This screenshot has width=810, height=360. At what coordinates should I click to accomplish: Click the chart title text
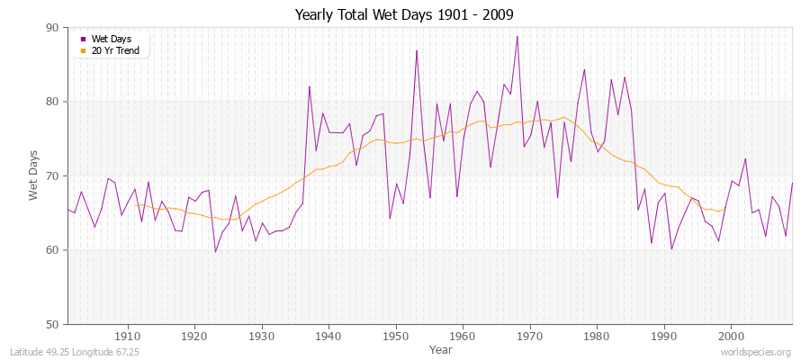pos(404,15)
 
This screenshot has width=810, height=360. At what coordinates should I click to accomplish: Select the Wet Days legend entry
pos(111,39)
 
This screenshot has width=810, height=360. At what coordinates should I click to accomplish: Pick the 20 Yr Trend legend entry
pos(115,49)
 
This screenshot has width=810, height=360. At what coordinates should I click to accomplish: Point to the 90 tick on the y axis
pos(51,28)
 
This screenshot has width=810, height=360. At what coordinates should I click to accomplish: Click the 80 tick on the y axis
pos(51,102)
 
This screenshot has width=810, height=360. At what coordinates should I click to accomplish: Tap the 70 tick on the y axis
pos(51,175)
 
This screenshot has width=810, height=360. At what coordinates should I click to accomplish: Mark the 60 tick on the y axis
pos(51,250)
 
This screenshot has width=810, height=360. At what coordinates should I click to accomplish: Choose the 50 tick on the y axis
pos(51,324)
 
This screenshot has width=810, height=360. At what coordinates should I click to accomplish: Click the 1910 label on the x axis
pos(128,335)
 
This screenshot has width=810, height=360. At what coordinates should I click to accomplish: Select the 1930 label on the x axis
pos(262,335)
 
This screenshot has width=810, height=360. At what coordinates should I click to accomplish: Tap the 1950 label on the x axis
pos(396,335)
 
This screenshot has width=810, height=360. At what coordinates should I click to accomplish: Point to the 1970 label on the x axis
pos(530,335)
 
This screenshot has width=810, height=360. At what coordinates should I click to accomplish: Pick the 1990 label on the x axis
pos(664,335)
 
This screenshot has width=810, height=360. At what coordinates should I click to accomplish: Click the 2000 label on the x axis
pos(731,335)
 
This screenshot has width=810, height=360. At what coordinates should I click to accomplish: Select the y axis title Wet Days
pos(33,176)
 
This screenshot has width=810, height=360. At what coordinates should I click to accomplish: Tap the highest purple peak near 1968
pos(517,37)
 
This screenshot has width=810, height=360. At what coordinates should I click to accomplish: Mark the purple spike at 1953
pos(417,51)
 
